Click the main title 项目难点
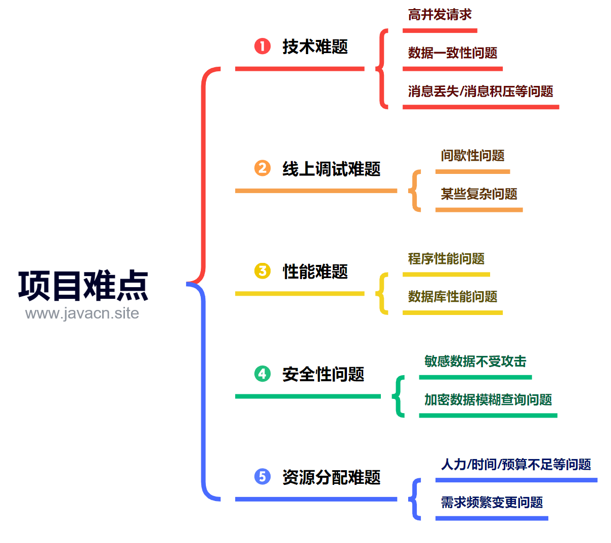pos(83,285)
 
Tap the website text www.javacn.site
pos(82,313)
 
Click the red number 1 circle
pos(262,46)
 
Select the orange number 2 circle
pos(262,168)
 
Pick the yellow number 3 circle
pos(262,271)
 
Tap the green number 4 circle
pos(262,374)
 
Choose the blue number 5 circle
pos(262,476)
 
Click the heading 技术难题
pos(315,47)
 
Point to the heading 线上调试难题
pos(331,168)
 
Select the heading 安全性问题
pos(323,374)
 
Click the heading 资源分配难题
pos(331,477)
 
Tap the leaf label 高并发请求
pos(440,15)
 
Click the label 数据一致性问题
pos(452,53)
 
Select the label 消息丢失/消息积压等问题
pos(481,91)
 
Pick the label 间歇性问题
pos(472,156)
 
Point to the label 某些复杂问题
pos(478,194)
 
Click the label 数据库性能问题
pos(452,296)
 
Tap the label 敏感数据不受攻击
pos(475,361)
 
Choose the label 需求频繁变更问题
pos(492,502)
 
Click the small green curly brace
pos(396,396)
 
